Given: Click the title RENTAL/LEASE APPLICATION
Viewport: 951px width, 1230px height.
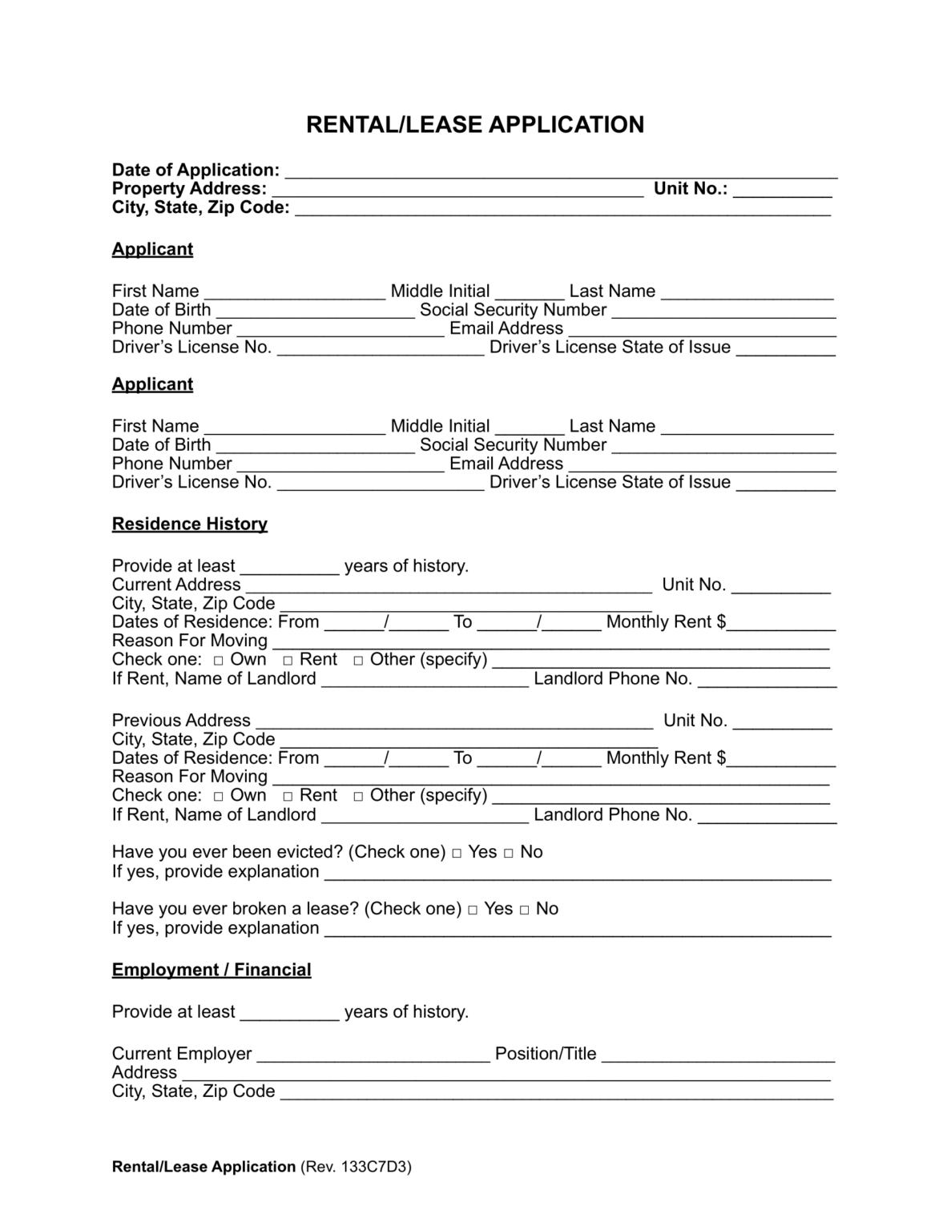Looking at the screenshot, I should (x=475, y=125).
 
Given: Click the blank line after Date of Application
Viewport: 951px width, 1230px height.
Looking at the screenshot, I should (x=561, y=171).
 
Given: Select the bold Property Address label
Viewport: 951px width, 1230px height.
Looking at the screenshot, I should (x=189, y=189).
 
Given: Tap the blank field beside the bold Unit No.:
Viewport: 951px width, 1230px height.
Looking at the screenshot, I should (x=782, y=190).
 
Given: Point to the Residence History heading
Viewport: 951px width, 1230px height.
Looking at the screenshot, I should (x=190, y=525).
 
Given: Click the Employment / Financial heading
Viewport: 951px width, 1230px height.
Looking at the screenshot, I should (x=212, y=971).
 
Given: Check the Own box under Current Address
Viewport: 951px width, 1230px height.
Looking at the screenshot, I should (x=219, y=661).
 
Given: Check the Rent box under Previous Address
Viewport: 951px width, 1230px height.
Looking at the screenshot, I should (x=288, y=797).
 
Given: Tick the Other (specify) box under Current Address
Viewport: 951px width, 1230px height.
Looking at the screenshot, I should (x=358, y=661).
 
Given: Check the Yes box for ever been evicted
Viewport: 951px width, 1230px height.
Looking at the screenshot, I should (x=457, y=854).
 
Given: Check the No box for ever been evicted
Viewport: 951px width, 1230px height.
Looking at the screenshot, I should (x=509, y=854).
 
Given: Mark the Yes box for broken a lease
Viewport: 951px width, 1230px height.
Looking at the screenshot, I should (x=473, y=910).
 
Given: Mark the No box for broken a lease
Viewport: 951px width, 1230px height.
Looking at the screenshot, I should (x=525, y=910).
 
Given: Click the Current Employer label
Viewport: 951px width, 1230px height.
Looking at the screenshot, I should (x=182, y=1054).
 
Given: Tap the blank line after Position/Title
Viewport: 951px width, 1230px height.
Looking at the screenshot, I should (x=718, y=1055).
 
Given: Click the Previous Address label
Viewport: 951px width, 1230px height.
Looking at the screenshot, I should (x=181, y=721).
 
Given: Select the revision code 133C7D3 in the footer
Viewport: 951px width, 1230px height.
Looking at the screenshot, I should (x=376, y=1168).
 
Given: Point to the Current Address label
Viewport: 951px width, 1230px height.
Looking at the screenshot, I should (x=176, y=585).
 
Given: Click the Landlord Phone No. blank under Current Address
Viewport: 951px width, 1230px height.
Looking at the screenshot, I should (x=767, y=681).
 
